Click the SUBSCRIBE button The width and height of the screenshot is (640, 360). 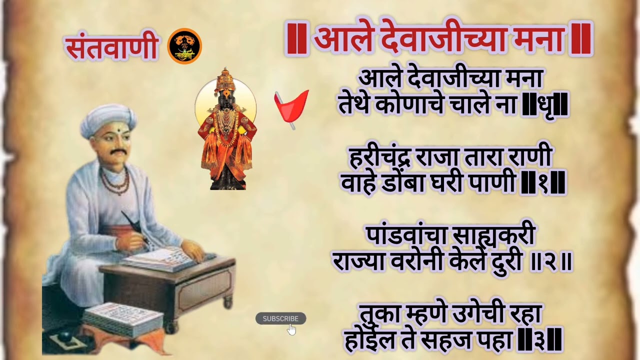[x=280, y=318]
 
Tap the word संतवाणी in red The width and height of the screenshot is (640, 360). [x=111, y=47]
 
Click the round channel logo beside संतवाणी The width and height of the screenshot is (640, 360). [x=184, y=46]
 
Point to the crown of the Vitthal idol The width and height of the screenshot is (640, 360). [x=225, y=80]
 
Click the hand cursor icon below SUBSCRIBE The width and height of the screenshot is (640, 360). [x=292, y=329]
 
